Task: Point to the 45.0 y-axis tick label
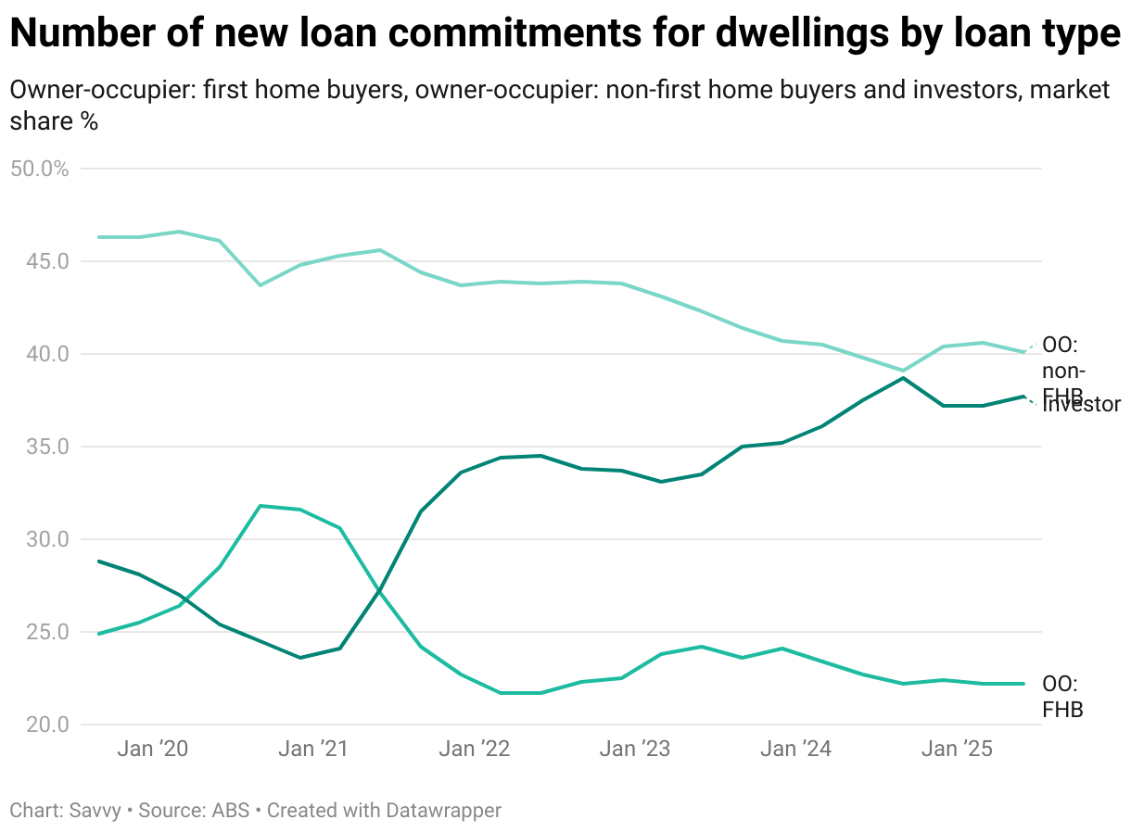41,261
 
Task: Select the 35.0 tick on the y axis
41,447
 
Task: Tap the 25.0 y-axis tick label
41,632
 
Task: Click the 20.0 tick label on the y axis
41,725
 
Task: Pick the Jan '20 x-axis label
153,749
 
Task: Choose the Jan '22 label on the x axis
475,749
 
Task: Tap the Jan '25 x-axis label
957,749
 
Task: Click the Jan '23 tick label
635,749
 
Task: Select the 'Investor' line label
1083,404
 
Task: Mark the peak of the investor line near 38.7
903,378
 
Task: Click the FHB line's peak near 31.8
261,506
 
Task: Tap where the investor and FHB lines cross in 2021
380,590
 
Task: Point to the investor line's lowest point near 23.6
300,658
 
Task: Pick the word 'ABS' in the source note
231,810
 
